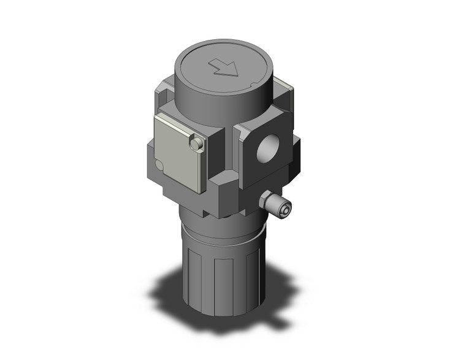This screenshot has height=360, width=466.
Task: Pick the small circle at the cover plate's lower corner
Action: [x=159, y=165]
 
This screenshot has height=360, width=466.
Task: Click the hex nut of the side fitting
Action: [x=268, y=201]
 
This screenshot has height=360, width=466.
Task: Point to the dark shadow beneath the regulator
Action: [x=184, y=294]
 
